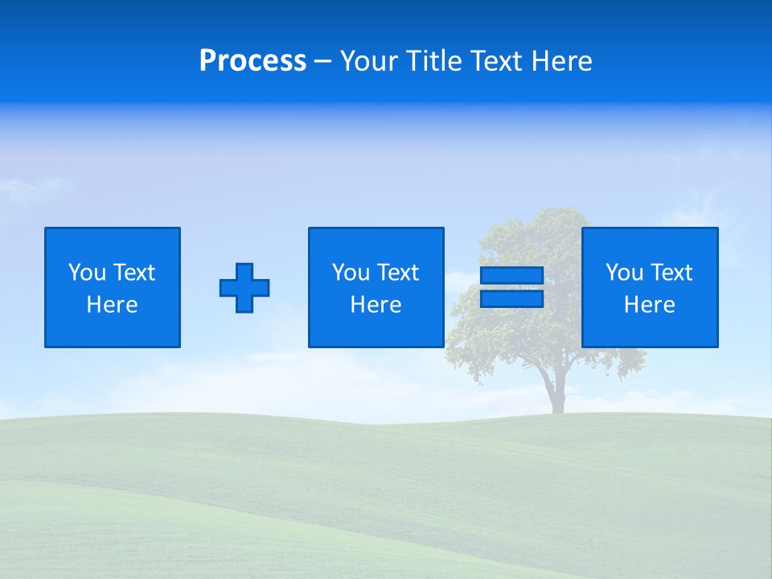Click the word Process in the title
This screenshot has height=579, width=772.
click(x=253, y=61)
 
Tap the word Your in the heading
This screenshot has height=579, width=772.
click(x=368, y=61)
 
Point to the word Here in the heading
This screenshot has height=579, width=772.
click(x=561, y=61)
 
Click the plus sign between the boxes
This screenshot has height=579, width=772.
click(x=244, y=288)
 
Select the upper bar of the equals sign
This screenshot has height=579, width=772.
click(x=511, y=276)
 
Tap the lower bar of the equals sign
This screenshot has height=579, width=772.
click(x=511, y=298)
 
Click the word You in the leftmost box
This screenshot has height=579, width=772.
click(x=87, y=273)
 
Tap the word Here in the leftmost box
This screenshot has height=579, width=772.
click(x=113, y=305)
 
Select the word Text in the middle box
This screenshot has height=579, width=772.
click(x=397, y=273)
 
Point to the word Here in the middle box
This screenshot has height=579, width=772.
click(x=376, y=305)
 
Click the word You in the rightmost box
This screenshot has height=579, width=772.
click(x=624, y=273)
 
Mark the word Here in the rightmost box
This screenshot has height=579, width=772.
click(x=650, y=305)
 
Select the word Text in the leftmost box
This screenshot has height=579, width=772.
click(x=133, y=273)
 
